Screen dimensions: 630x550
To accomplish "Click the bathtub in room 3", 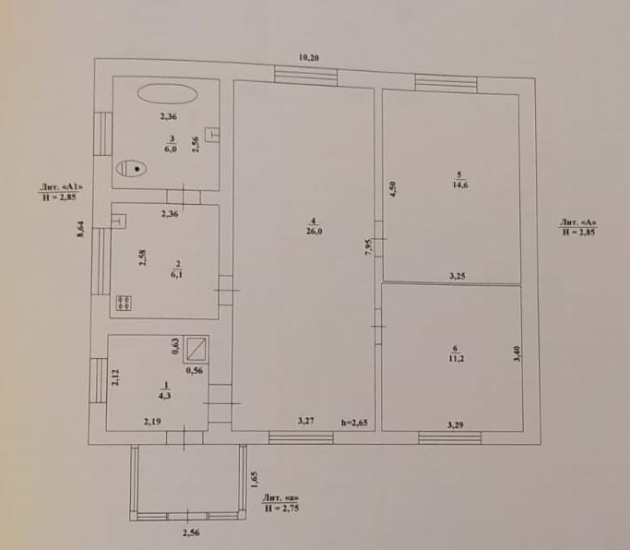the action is tap(168, 94).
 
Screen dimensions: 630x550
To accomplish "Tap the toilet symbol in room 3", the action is tap(131, 169).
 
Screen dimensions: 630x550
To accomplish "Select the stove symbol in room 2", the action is tap(125, 303).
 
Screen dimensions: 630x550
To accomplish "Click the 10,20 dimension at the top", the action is tap(309, 58).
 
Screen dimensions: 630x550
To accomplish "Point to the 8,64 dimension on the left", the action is tap(80, 229).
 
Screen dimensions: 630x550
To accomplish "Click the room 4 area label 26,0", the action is tap(314, 232).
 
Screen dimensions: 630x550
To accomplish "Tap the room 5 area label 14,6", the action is tap(459, 185).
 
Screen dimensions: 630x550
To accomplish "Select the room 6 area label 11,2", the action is tap(456, 359).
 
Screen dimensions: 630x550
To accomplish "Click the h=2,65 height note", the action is tap(354, 423).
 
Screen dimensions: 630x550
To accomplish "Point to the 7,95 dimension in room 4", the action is tap(369, 247).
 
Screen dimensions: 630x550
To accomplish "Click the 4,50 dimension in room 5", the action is tap(393, 189).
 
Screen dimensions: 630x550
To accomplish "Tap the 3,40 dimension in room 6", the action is tap(517, 353).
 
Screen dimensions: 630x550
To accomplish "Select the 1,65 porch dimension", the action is tap(254, 480).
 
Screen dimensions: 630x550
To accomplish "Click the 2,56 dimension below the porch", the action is tap(191, 533).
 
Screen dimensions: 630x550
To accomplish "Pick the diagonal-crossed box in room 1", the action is tap(196, 348).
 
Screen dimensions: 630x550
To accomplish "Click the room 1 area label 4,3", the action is tap(165, 396).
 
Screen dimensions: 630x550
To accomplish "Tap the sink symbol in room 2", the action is tap(118, 221).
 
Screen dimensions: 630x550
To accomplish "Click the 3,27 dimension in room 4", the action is tap(305, 422).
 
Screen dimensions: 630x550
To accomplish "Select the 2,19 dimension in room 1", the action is tap(152, 422).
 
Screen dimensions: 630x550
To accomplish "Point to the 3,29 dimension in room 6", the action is tap(456, 424).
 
